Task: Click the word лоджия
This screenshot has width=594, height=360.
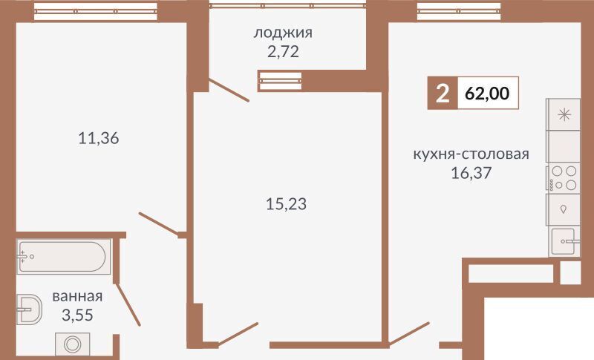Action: point(283,33)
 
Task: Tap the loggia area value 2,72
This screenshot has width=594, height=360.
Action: point(283,51)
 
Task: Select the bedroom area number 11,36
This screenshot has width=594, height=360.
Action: point(99,138)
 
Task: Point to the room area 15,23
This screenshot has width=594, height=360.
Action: point(286,204)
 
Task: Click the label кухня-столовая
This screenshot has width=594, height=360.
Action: point(471,154)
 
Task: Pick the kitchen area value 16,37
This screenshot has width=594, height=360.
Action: point(471,173)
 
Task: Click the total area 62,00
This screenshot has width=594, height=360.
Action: point(487,93)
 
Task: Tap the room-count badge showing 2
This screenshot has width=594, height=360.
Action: point(443,93)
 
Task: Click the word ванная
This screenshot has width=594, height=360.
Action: point(77,296)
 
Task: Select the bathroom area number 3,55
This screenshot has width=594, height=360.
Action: point(77,315)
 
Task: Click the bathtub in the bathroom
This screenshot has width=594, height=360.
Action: point(63,257)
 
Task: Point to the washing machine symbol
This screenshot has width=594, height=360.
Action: point(72,344)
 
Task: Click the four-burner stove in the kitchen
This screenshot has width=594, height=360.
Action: point(564,178)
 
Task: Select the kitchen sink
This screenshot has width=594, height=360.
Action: point(565,241)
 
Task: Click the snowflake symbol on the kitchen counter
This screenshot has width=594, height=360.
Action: point(564,114)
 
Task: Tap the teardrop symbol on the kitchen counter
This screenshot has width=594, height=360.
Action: point(564,209)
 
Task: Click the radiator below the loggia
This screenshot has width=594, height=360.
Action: point(280,81)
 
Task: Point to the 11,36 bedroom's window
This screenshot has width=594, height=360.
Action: point(96,11)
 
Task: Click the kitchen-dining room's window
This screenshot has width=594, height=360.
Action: point(459,11)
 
